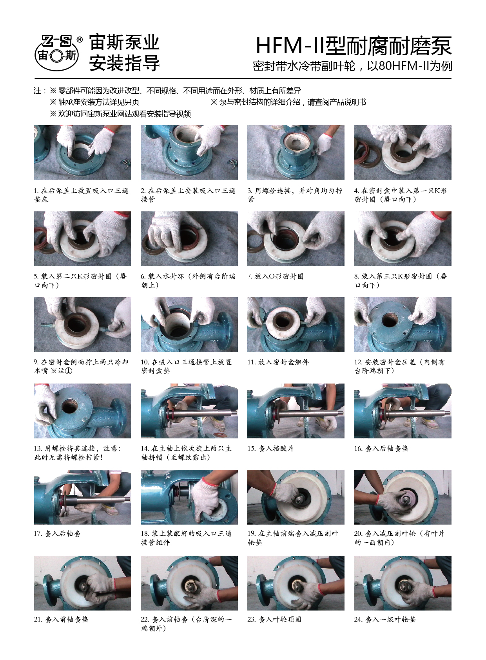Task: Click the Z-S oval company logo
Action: pyautogui.click(x=57, y=53)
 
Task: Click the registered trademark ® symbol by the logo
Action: pyautogui.click(x=80, y=40)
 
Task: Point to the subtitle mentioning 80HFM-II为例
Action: pyautogui.click(x=352, y=66)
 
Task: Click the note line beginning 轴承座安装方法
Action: pyautogui.click(x=94, y=102)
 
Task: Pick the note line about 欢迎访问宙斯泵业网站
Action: pyautogui.click(x=120, y=114)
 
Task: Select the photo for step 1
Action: pyautogui.click(x=82, y=152)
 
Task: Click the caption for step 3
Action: pyautogui.click(x=295, y=195)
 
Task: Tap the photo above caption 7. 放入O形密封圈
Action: pyautogui.click(x=296, y=239)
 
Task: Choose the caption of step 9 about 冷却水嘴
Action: pyautogui.click(x=81, y=366)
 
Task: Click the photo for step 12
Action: pyautogui.click(x=403, y=324)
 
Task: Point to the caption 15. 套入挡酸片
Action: pyautogui.click(x=270, y=449)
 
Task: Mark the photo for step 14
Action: pyautogui.click(x=189, y=411)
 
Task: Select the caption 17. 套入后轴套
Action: pyautogui.click(x=58, y=533)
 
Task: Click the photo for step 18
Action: pyautogui.click(x=189, y=497)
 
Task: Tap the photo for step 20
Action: pyautogui.click(x=403, y=497)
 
